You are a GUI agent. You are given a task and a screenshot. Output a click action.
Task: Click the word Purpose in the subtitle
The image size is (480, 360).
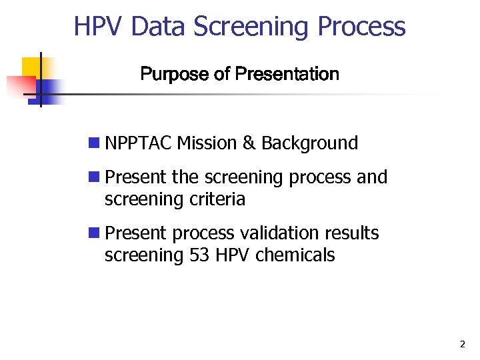175,74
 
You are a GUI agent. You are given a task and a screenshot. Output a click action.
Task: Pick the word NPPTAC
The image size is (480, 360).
139,143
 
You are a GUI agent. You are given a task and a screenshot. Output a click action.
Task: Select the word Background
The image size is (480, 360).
309,143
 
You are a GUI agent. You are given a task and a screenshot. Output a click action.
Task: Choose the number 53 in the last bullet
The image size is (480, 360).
199,255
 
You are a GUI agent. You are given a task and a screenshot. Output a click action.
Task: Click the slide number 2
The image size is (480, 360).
462,345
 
